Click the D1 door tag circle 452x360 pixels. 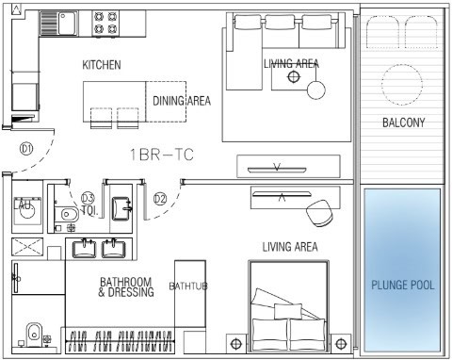[x=26, y=148]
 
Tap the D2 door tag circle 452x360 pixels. [x=160, y=199]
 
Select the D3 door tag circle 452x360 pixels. [x=88, y=198]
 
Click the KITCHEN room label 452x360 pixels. [x=102, y=65]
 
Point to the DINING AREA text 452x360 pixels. [x=182, y=101]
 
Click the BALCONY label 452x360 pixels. [x=403, y=123]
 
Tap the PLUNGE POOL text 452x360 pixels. [x=403, y=285]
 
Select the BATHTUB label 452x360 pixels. [x=188, y=286]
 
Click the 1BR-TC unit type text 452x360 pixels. [x=162, y=155]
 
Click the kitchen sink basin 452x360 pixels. [x=68, y=24]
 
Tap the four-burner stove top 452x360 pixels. [x=106, y=23]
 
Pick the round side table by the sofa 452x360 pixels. [x=315, y=90]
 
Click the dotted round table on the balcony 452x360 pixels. [x=402, y=85]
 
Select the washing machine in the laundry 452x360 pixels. [x=27, y=210]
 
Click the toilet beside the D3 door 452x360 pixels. [x=66, y=215]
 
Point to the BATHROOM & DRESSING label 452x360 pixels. [x=126, y=287]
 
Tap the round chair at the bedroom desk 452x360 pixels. [x=319, y=214]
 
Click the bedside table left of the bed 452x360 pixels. [x=236, y=343]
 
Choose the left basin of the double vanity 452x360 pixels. [x=84, y=249]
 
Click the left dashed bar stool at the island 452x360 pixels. [x=101, y=118]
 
